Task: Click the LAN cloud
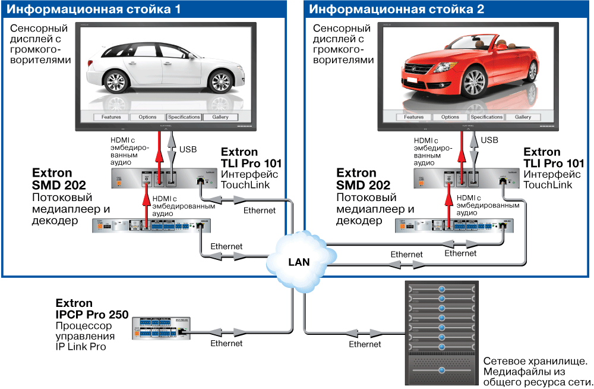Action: tap(298, 261)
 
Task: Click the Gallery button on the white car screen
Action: tap(220, 117)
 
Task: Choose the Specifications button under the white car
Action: tap(184, 117)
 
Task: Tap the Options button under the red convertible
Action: tap(450, 117)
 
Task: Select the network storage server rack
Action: tap(442, 333)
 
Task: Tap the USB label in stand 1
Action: tap(187, 149)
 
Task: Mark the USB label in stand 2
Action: tap(489, 140)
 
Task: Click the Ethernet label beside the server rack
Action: tap(365, 344)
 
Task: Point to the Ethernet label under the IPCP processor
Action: tap(226, 343)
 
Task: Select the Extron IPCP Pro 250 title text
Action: tap(92, 309)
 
